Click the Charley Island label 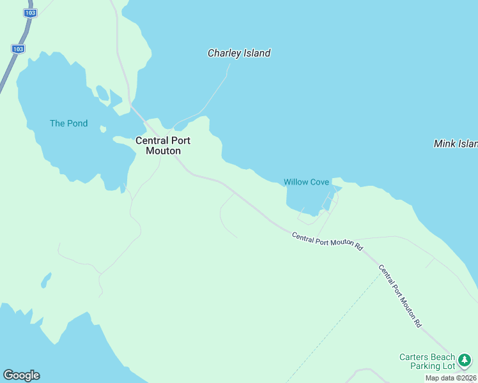click(x=239, y=54)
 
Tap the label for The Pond click(x=69, y=123)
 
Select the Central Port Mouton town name click(x=163, y=146)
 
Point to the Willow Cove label click(x=307, y=182)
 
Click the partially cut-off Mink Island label click(x=455, y=144)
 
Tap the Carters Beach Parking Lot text click(x=428, y=361)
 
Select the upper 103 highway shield click(x=29, y=13)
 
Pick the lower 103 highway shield click(x=18, y=49)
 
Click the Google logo click(x=21, y=375)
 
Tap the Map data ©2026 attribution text click(x=451, y=378)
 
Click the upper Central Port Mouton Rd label click(x=328, y=241)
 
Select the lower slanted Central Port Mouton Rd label click(x=401, y=296)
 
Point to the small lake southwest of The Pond click(x=46, y=280)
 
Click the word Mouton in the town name click(x=163, y=151)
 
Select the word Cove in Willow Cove click(x=319, y=182)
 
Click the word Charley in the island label click(x=222, y=54)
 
